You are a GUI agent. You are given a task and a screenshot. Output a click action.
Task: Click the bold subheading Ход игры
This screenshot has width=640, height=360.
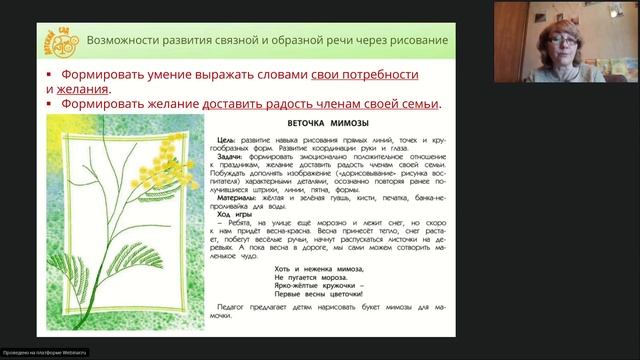236,215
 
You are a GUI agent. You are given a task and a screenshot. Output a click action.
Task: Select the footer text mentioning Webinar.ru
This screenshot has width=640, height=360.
44,352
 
